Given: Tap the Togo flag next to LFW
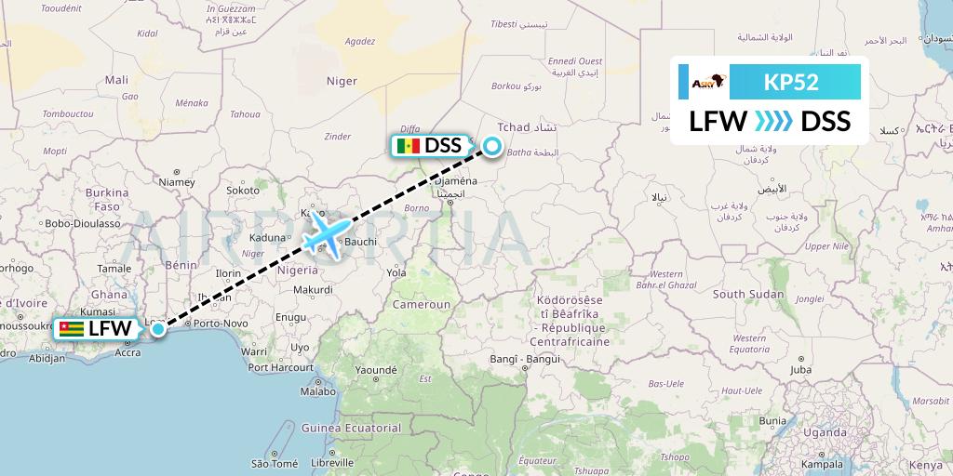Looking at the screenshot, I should (71, 329).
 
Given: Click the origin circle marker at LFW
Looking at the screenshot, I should (158, 328).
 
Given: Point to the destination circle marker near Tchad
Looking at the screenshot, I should (490, 146).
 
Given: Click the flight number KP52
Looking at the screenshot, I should (791, 82).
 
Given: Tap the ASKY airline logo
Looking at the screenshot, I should (704, 83).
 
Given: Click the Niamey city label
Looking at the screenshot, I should (177, 182).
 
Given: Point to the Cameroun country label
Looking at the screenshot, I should (421, 304).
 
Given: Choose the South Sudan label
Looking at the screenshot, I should (747, 294).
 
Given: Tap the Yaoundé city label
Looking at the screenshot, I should (375, 369).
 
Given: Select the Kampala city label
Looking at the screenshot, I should (821, 463).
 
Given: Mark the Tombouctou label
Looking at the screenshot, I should (68, 113).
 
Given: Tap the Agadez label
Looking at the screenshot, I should (359, 41).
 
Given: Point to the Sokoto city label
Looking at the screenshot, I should (243, 190).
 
